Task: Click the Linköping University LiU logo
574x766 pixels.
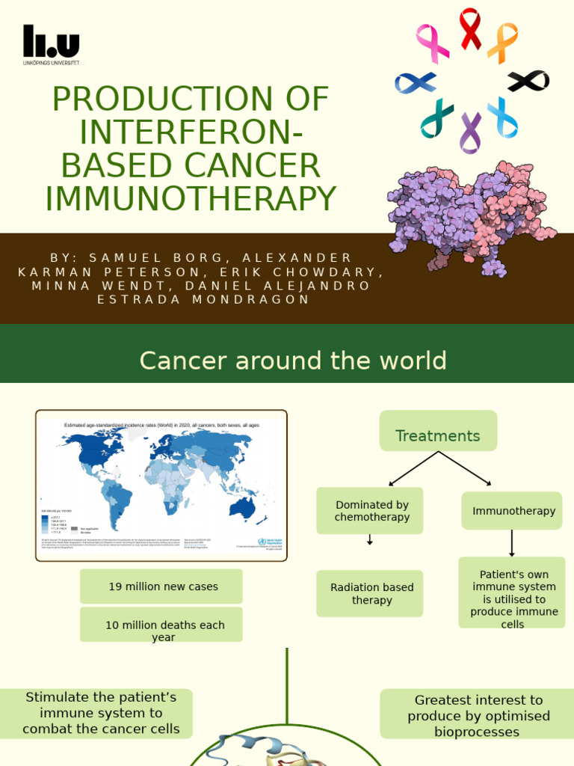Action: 51,44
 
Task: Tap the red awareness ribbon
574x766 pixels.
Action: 470,29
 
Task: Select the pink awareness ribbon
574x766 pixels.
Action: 433,43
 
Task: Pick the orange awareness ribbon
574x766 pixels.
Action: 502,43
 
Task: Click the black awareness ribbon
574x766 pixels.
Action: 528,81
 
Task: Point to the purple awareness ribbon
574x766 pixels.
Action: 470,132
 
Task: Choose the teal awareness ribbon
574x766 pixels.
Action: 437,118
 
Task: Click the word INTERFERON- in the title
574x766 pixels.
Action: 191,132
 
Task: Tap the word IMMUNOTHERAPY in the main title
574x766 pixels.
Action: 191,198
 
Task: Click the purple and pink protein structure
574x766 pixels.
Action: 471,217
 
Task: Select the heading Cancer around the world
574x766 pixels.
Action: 292,361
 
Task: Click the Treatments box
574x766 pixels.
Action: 438,431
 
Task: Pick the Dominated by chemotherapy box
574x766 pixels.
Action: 370,511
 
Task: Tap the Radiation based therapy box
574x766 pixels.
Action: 370,593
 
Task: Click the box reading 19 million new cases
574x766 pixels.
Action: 161,586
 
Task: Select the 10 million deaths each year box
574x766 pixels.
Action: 161,625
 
